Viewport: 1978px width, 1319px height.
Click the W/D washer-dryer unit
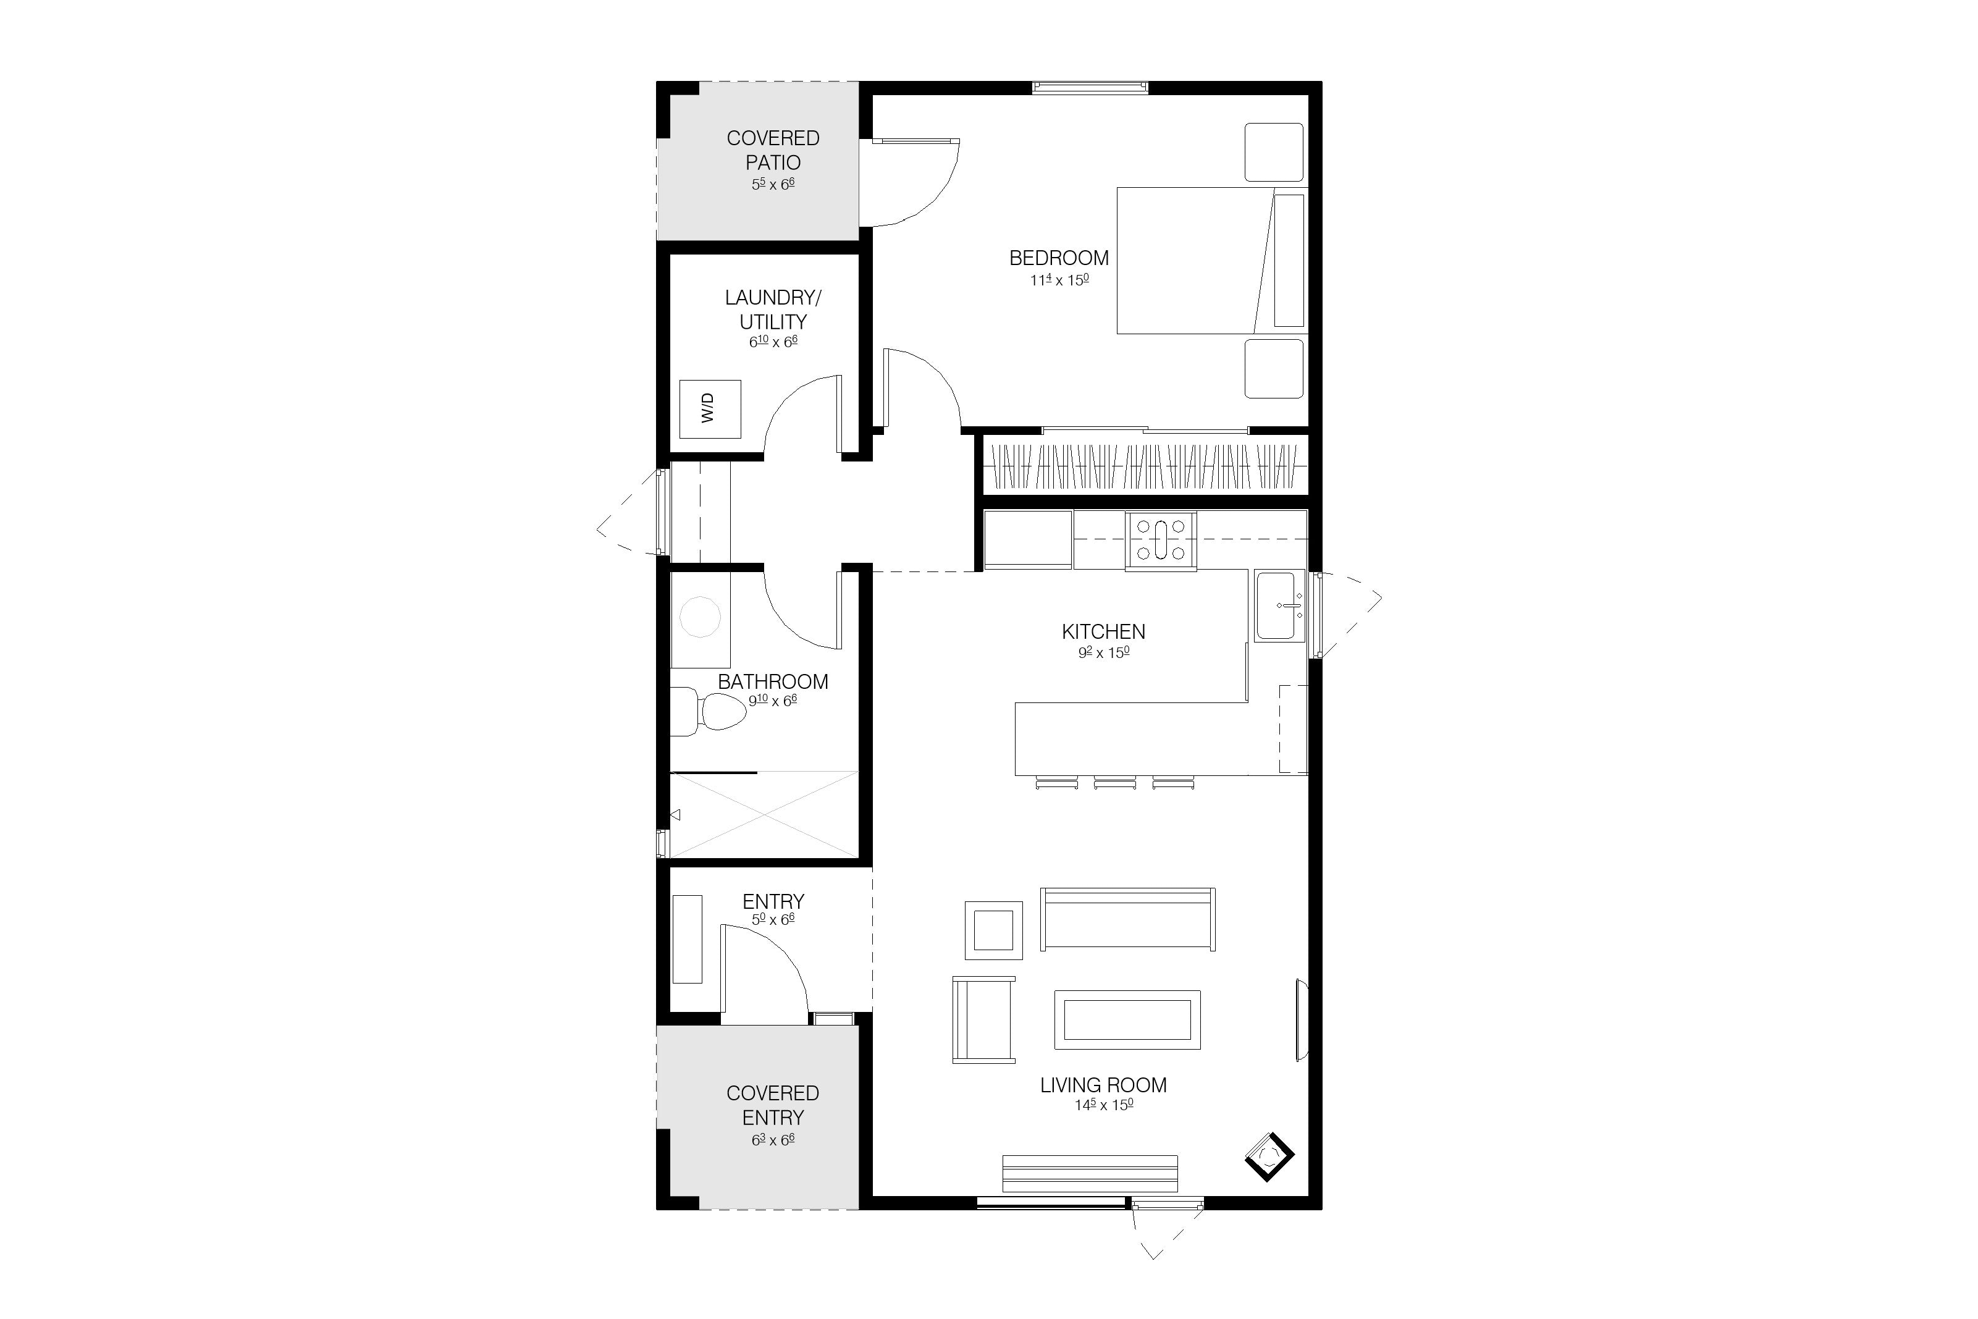click(x=710, y=409)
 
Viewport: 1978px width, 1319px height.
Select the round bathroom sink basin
click(x=700, y=617)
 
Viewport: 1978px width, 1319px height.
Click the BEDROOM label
click(x=1059, y=258)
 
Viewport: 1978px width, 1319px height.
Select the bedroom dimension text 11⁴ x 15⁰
click(x=1059, y=280)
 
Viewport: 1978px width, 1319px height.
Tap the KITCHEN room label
click(x=1103, y=632)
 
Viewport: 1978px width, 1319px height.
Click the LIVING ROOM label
click(x=1103, y=1085)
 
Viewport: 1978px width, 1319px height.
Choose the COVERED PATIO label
click(x=773, y=150)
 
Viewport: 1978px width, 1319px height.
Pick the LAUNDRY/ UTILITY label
click(x=773, y=310)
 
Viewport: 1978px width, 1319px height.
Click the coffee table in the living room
click(x=1127, y=1019)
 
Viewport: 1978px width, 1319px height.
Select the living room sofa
click(x=1128, y=919)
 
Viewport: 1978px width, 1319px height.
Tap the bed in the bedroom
click(x=1211, y=261)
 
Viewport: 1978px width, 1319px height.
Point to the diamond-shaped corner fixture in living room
click(x=1269, y=1157)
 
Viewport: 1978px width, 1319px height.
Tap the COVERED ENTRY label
click(x=773, y=1105)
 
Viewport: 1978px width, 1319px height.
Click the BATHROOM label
click(x=773, y=682)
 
